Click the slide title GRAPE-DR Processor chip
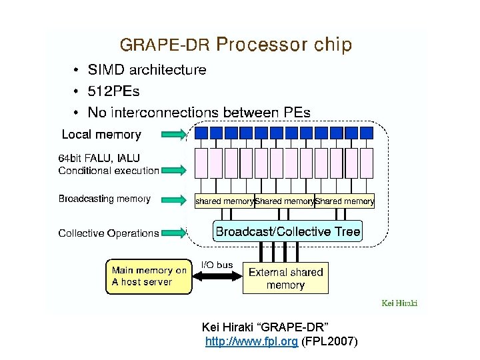coord(235,45)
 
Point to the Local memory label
coord(101,135)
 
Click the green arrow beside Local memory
coord(175,135)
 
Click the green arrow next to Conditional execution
coord(175,170)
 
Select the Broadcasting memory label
coord(104,199)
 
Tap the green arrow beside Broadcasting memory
coord(175,199)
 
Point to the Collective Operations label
coord(108,233)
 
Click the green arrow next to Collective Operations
coord(175,233)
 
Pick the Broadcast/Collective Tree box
coord(287,232)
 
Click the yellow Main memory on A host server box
coord(149,276)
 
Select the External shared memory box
coord(285,277)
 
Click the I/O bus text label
coord(217,265)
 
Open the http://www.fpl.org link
coord(251,342)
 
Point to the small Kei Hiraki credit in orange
coord(399,303)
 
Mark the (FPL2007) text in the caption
coord(330,342)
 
